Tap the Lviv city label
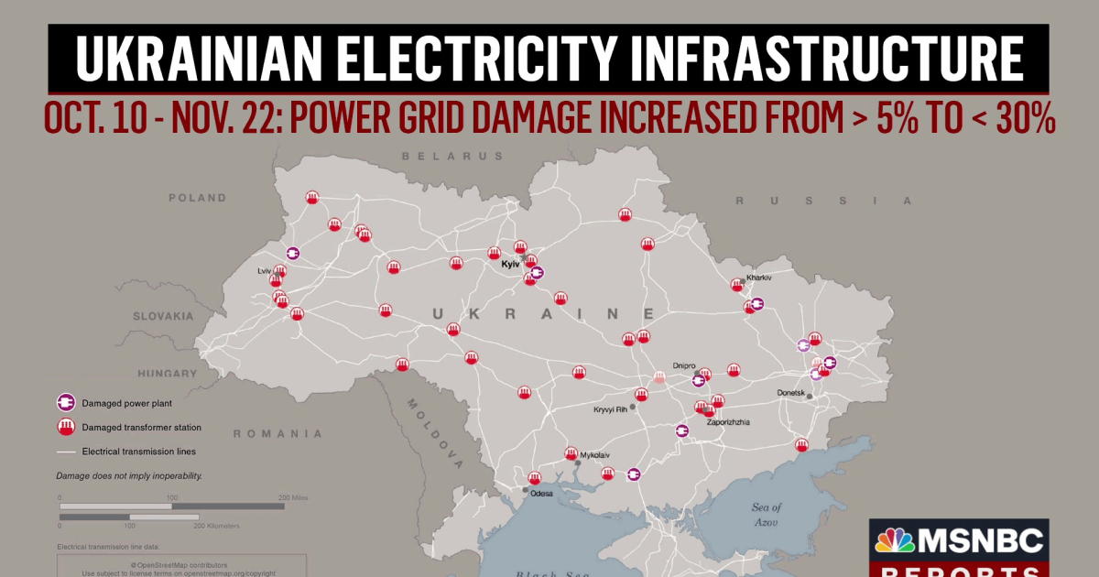pyautogui.click(x=264, y=271)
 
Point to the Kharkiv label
pyautogui.click(x=759, y=277)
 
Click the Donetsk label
pyautogui.click(x=789, y=393)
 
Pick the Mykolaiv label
pyautogui.click(x=594, y=454)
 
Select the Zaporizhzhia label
pyautogui.click(x=729, y=422)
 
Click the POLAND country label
pyautogui.click(x=197, y=198)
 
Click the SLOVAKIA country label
pyautogui.click(x=163, y=316)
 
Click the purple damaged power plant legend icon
pyautogui.click(x=65, y=402)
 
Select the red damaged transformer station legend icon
pyautogui.click(x=65, y=427)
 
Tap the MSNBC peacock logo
pyautogui.click(x=896, y=540)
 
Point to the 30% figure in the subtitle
pyautogui.click(x=1023, y=119)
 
